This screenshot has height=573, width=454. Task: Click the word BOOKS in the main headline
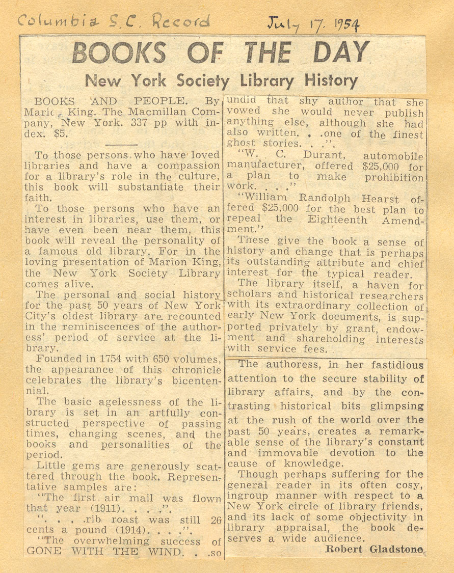pyautogui.click(x=119, y=53)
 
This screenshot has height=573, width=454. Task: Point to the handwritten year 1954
pyautogui.click(x=340, y=24)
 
